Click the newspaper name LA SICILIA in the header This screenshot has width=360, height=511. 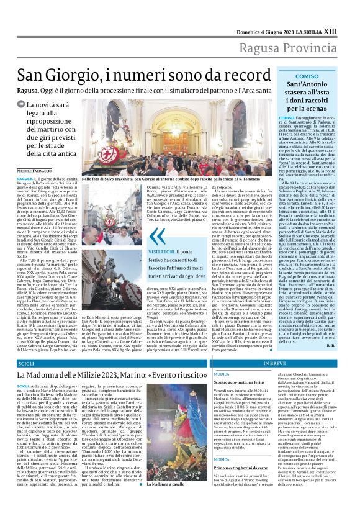(x=326, y=13)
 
